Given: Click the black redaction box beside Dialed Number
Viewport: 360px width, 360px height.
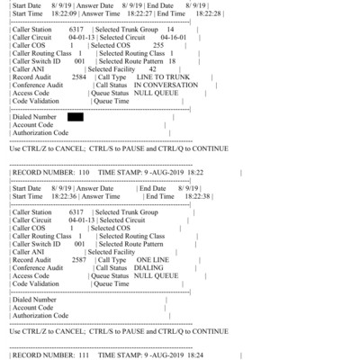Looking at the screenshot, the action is coord(75,117).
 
